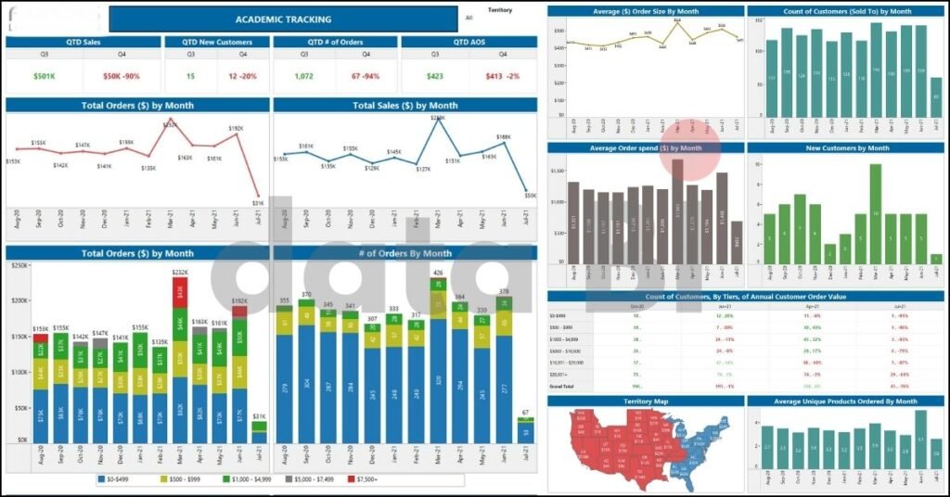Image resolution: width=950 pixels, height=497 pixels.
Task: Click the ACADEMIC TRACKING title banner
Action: tap(283, 19)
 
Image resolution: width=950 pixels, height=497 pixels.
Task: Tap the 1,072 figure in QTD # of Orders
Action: tap(302, 76)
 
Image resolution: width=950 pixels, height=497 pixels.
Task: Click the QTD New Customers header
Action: tap(216, 42)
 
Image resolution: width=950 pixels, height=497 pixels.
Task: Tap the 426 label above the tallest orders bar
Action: tap(437, 273)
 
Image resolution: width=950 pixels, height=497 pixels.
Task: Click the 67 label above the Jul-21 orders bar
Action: tap(525, 413)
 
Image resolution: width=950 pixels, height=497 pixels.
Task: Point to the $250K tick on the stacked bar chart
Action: tap(17, 266)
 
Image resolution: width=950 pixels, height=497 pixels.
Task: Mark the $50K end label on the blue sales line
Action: tap(530, 196)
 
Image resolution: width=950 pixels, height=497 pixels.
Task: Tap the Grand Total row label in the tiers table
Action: tap(561, 385)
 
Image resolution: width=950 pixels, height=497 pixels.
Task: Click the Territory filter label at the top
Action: tap(500, 9)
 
